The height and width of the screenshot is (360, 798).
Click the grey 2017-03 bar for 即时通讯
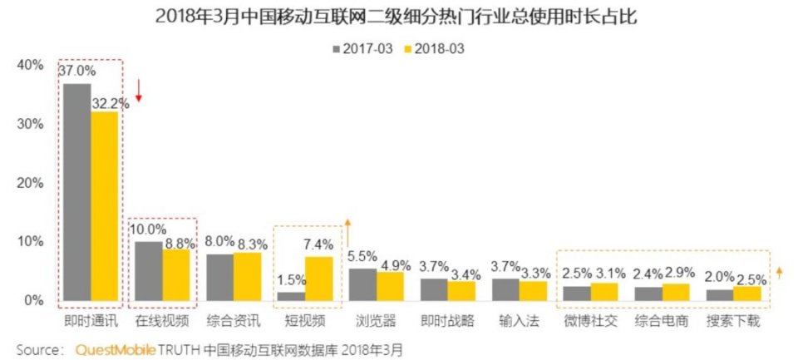[77, 191]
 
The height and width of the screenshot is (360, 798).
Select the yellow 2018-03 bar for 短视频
[318, 279]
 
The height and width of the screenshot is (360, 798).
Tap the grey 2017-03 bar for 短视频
[291, 296]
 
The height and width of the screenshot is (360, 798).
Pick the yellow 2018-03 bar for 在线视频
[177, 274]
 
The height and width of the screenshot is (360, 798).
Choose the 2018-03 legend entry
[433, 48]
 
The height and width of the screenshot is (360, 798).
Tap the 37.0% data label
[77, 72]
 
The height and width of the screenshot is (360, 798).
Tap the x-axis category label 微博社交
[590, 321]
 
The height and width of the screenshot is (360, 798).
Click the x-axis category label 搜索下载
[734, 321]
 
